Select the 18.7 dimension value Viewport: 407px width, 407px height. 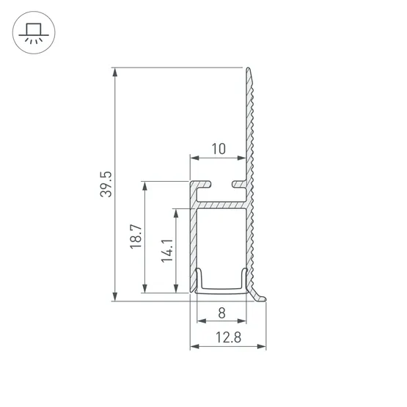pyautogui.click(x=136, y=238)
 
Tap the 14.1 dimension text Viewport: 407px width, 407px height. pyautogui.click(x=166, y=251)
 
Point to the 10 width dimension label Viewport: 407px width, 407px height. pyautogui.click(x=218, y=149)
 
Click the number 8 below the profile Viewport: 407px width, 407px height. pyautogui.click(x=221, y=312)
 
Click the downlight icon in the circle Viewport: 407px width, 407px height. pyautogui.click(x=32, y=32)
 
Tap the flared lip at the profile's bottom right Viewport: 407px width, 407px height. pyautogui.click(x=260, y=296)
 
